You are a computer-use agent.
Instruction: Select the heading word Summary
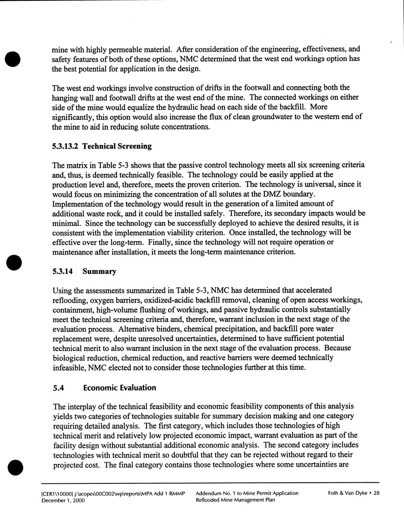(100, 271)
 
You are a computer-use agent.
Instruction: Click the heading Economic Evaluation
(120, 388)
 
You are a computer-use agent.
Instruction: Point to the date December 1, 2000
(68, 500)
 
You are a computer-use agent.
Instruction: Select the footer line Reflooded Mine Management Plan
(235, 500)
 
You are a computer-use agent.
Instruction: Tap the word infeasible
(67, 367)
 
